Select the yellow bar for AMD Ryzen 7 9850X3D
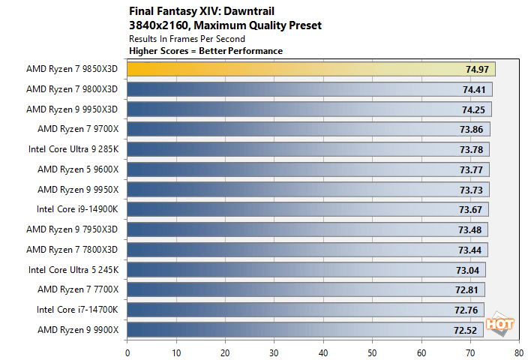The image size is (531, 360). point(300,69)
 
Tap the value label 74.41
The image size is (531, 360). point(474,89)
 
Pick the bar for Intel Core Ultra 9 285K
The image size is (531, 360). point(300,149)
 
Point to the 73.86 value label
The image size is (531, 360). point(472,129)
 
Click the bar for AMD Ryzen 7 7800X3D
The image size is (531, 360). point(300,249)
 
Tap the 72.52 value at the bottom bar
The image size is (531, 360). point(466,329)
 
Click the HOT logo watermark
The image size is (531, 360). point(497,324)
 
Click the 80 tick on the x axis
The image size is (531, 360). point(518,351)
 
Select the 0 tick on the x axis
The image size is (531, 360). point(127,351)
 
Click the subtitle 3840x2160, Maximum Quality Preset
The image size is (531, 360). point(225,25)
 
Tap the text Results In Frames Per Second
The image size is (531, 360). point(187,38)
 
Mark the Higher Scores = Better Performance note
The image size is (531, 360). point(205,50)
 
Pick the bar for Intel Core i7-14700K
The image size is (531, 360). point(300,309)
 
